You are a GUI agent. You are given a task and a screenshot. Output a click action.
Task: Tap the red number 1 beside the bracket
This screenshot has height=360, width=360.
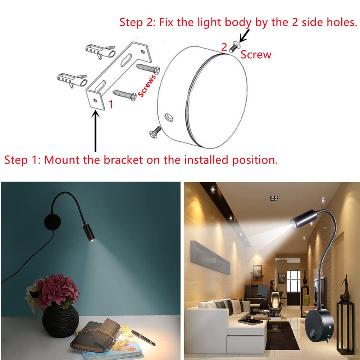(111, 104)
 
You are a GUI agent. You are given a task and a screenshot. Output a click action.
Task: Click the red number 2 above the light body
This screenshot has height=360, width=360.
(224, 47)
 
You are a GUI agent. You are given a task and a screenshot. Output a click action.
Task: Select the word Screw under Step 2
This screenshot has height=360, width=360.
(256, 55)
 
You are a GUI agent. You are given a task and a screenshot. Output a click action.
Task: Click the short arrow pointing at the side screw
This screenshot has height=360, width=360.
(245, 36)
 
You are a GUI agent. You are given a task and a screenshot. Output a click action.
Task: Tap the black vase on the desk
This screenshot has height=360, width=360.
(60, 322)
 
